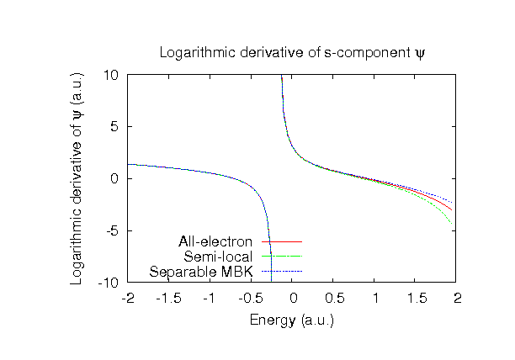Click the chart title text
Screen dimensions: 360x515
pyautogui.click(x=292, y=54)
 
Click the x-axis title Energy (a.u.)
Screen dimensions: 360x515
pyautogui.click(x=292, y=320)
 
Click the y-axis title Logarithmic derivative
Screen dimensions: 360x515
pyautogui.click(x=77, y=178)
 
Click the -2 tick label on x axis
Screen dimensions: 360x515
pyautogui.click(x=128, y=299)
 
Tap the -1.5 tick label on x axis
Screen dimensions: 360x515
pyautogui.click(x=169, y=299)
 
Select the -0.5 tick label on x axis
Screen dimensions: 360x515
pyautogui.click(x=251, y=299)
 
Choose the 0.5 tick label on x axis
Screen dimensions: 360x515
pyautogui.click(x=334, y=299)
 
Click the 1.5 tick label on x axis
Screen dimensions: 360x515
pyautogui.click(x=417, y=299)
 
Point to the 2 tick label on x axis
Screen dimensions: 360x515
pyautogui.click(x=458, y=299)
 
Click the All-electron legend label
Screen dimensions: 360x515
pyautogui.click(x=215, y=242)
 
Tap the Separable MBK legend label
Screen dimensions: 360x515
pyautogui.click(x=201, y=271)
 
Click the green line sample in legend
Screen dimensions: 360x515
pyautogui.click(x=281, y=257)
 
